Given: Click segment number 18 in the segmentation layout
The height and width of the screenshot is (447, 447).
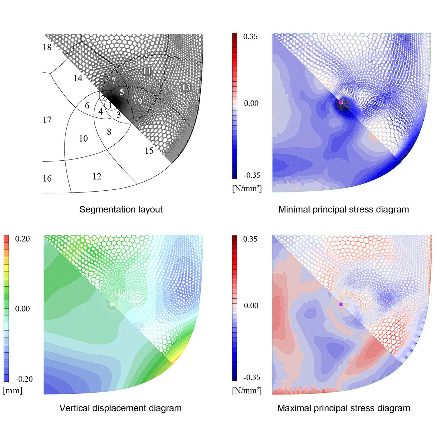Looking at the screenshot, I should (x=47, y=47).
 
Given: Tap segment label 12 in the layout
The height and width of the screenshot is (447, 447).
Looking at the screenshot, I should (x=97, y=176).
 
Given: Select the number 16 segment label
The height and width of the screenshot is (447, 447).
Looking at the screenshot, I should (x=47, y=179).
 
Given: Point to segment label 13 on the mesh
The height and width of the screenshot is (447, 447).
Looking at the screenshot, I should (x=186, y=87).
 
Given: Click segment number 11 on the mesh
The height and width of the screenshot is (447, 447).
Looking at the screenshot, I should (x=147, y=71).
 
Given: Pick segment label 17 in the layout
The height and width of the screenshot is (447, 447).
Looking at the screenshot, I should (x=47, y=120).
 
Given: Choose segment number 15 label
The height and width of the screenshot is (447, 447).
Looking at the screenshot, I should (x=149, y=151).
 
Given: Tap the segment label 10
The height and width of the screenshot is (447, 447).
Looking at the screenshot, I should (x=84, y=139).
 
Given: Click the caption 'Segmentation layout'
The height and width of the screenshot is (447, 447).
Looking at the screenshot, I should (x=121, y=209).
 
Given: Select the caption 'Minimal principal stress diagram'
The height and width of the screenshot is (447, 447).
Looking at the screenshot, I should (x=343, y=209).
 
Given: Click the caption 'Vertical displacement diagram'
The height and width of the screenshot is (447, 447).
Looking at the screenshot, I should (x=120, y=408).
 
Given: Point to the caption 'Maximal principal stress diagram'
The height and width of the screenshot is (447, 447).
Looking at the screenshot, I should (x=344, y=408).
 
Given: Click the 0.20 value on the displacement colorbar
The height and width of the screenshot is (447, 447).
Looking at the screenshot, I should (x=22, y=239).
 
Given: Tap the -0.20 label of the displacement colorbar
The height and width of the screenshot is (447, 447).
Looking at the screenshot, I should (x=24, y=379).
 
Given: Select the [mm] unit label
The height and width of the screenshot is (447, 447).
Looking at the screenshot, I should (x=13, y=390).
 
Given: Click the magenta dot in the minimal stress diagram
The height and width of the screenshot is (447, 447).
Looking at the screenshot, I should (x=341, y=102).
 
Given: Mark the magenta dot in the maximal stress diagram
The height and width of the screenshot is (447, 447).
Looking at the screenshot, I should (x=341, y=304).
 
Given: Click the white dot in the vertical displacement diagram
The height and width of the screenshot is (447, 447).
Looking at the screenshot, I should (x=112, y=304).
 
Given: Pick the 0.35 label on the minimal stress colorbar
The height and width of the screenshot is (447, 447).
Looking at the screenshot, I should (x=250, y=37).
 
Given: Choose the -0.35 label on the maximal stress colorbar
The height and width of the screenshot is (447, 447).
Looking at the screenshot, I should (x=251, y=377).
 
